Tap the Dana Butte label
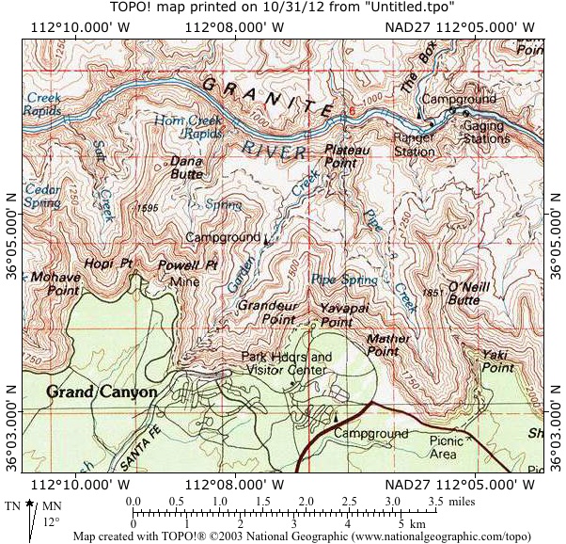pos(188,168)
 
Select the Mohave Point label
pos(55,284)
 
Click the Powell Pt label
pos(187,264)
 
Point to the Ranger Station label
pos(414,144)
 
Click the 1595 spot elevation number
pos(147,208)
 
